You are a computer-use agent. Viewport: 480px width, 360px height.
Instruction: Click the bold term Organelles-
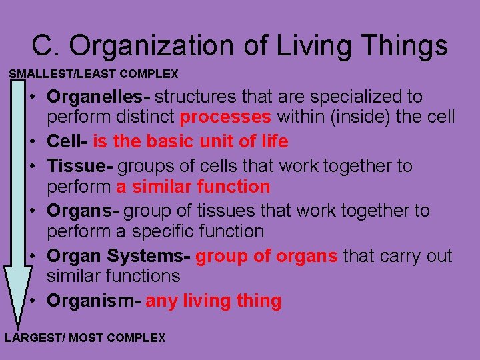pos(99,97)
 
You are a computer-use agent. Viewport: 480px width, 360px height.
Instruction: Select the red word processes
pos(225,118)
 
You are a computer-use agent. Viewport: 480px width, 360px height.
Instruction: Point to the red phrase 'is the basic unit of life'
pos(191,141)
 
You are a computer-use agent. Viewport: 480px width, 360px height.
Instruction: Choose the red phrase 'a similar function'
pos(193,187)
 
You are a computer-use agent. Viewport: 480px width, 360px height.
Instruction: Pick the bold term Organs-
pos(83,211)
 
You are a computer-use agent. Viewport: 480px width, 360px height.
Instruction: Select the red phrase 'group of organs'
pos(267,256)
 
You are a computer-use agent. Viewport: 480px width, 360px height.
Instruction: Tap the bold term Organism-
pos(93,301)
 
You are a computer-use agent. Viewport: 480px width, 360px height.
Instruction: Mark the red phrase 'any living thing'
pos(213,301)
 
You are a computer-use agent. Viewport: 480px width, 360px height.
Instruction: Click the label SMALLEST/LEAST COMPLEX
pos(93,73)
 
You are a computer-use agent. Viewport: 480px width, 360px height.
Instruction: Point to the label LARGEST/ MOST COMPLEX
pos(85,338)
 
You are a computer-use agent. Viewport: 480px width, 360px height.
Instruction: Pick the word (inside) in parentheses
pos(363,118)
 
